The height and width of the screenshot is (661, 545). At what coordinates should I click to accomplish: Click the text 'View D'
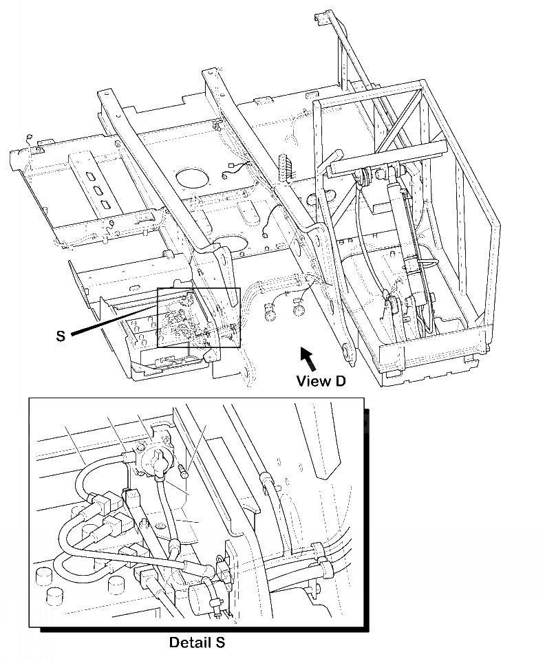(320, 380)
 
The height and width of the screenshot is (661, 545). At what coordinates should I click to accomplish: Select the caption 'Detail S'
(197, 643)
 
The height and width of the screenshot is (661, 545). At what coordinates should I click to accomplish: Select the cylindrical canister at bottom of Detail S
(204, 594)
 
